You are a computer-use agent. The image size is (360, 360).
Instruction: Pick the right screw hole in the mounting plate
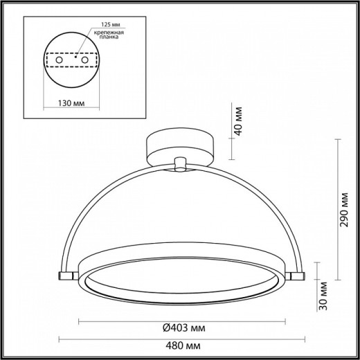[86, 62]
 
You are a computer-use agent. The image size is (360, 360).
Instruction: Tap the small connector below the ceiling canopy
[181, 164]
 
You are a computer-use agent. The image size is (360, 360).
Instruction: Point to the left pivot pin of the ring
[64, 276]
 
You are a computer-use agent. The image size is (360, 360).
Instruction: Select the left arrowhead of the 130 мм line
[43, 98]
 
